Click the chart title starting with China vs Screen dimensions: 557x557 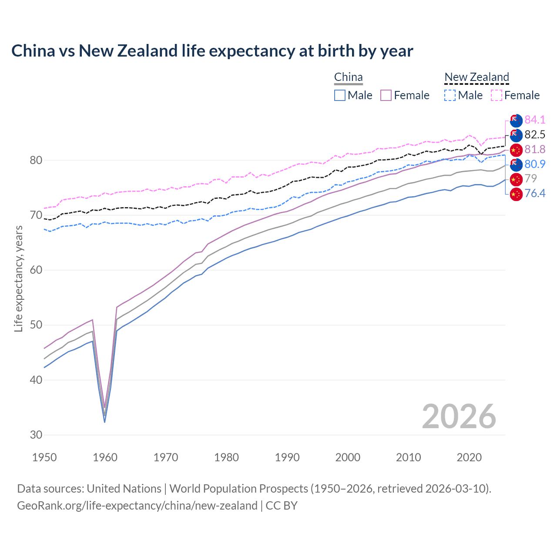[212, 51]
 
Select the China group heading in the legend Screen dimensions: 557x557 [348, 77]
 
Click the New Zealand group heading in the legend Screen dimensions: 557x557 [476, 77]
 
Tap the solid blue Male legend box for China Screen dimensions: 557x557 [340, 95]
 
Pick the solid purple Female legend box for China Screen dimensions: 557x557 [386, 95]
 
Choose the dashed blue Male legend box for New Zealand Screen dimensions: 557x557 [450, 95]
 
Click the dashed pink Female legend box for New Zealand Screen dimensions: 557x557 [497, 95]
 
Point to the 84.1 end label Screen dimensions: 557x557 [535, 120]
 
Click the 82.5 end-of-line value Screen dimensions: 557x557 [535, 134]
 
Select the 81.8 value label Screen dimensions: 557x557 [535, 149]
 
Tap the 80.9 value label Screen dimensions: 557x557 [535, 164]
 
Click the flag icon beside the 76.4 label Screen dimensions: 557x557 [516, 194]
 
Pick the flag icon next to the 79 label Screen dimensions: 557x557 [516, 179]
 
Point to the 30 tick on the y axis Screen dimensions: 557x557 [36, 435]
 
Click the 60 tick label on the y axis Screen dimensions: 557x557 [36, 270]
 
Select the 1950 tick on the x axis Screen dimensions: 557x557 [44, 457]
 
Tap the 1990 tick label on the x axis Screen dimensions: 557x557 [287, 457]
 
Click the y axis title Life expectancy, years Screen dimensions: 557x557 [18, 278]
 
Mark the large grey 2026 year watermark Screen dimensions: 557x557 [459, 416]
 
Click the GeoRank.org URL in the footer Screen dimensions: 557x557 [137, 506]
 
